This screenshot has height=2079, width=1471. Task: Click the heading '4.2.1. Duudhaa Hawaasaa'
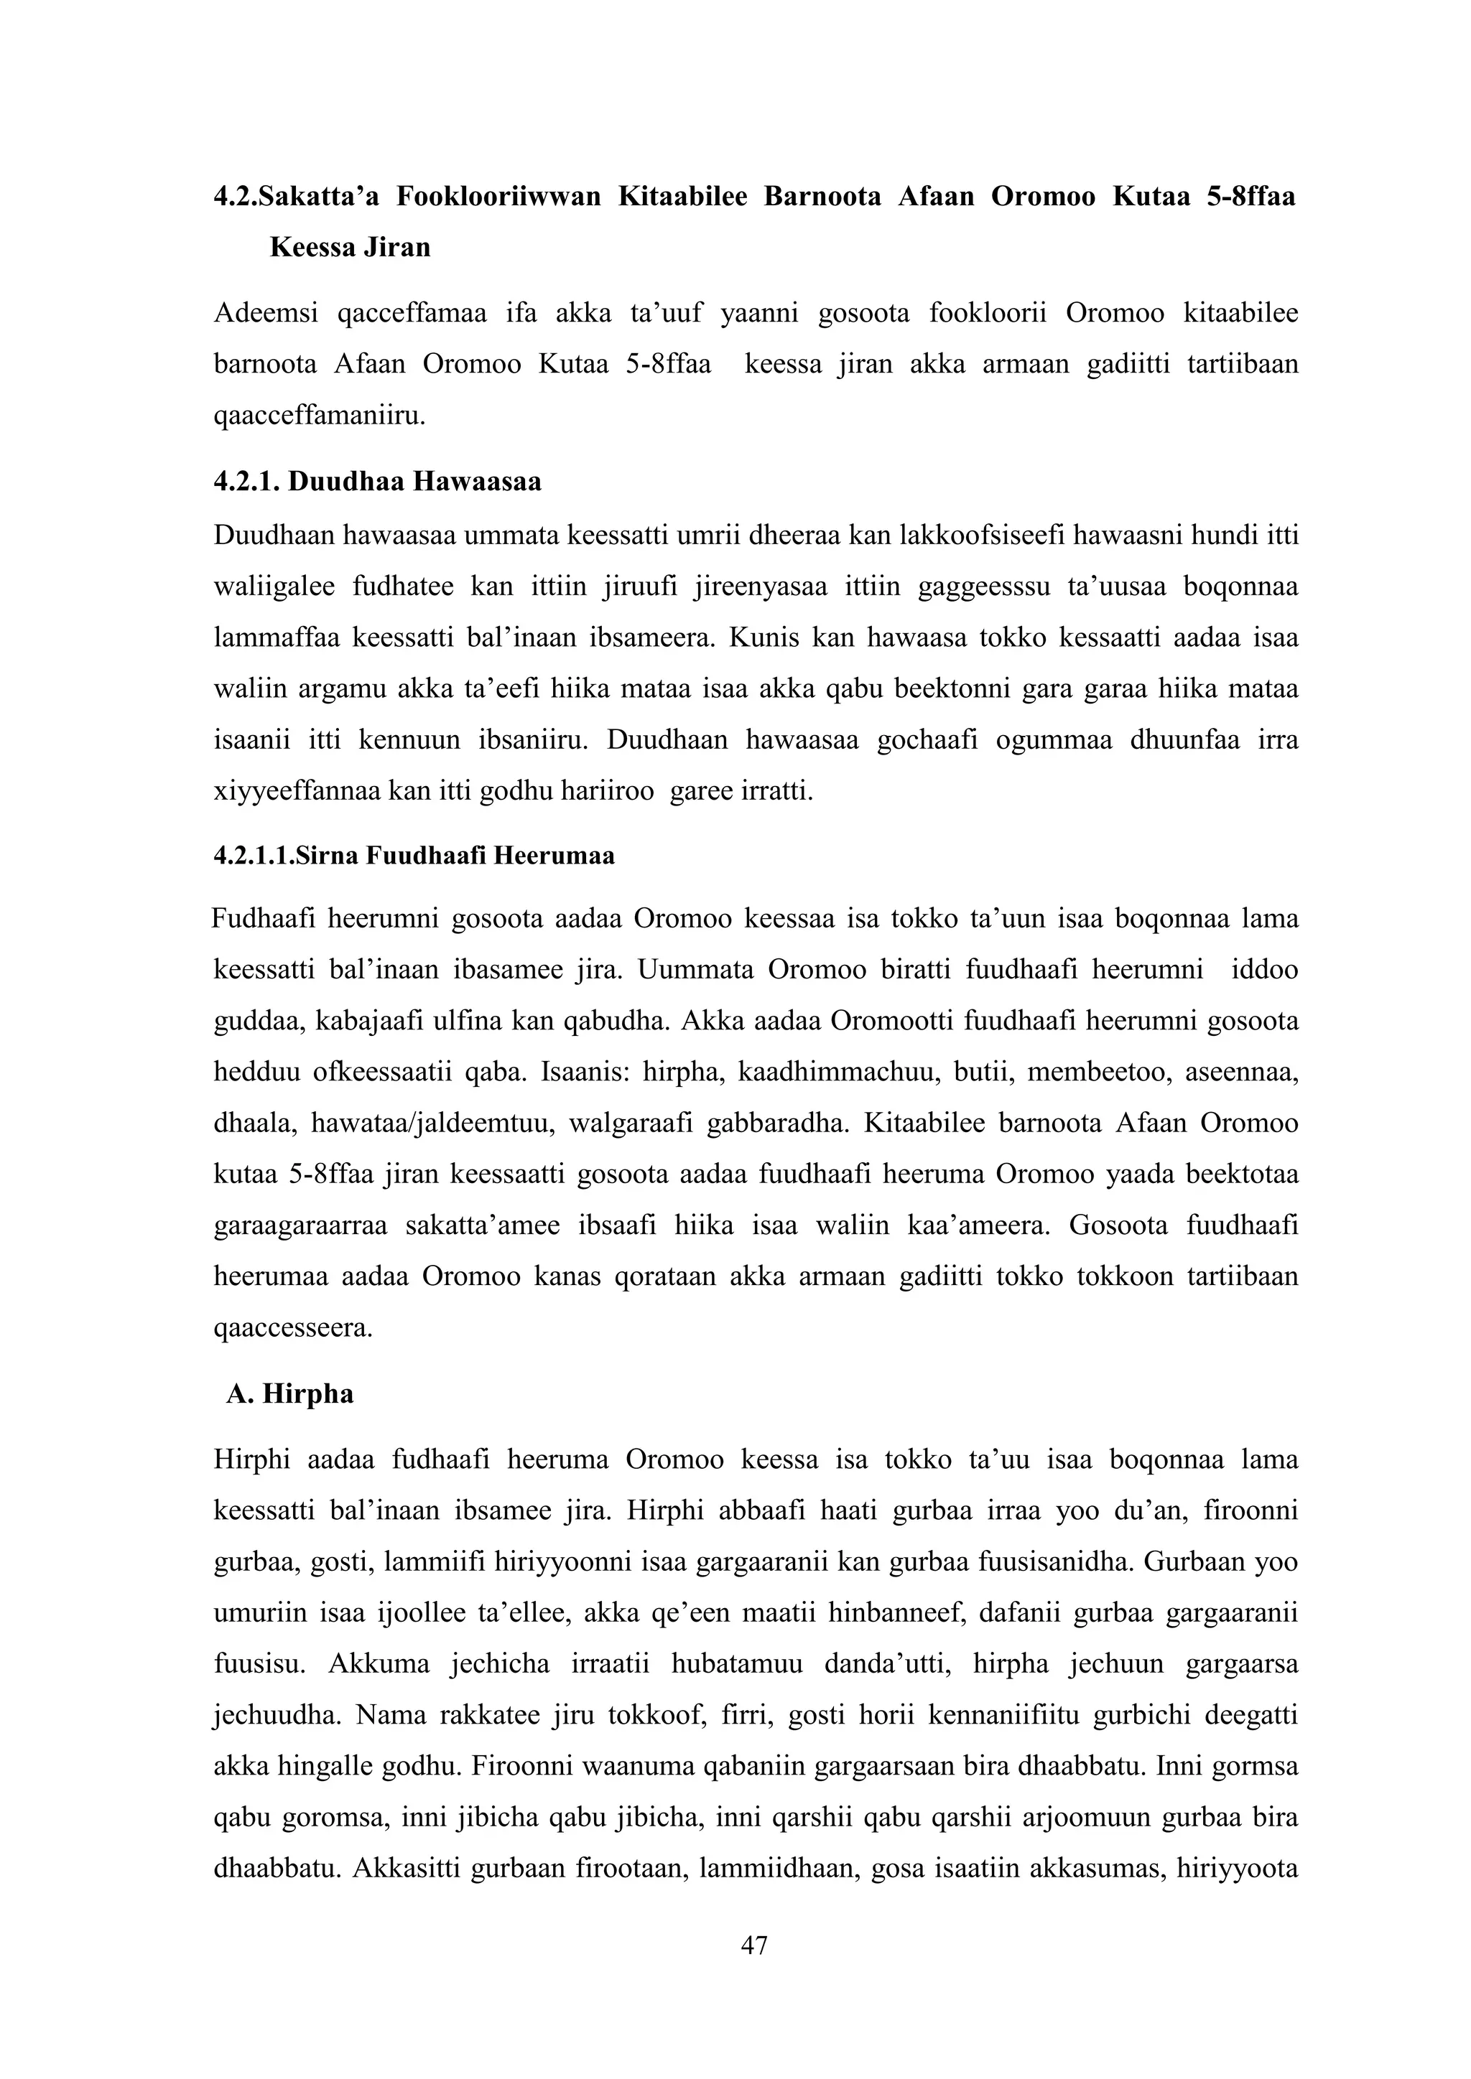click(378, 481)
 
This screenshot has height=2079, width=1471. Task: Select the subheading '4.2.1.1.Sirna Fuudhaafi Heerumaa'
click(414, 855)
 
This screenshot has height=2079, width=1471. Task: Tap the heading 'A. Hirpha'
click(290, 1393)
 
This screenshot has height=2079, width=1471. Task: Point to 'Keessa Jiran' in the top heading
click(350, 246)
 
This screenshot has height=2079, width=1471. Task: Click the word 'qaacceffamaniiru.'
click(319, 416)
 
